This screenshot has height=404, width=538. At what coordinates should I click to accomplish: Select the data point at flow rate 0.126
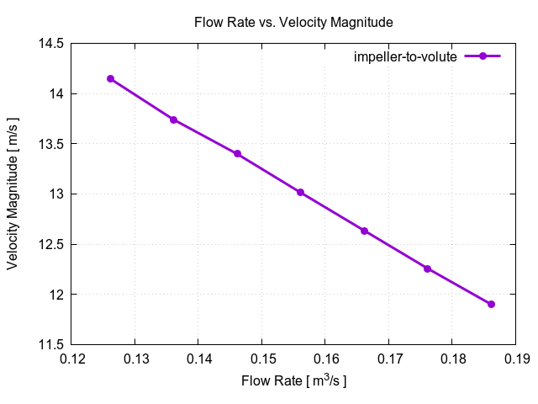tap(110, 78)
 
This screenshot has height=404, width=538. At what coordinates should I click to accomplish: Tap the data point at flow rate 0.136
tap(173, 120)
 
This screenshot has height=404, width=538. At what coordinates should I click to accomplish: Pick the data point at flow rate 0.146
tap(237, 154)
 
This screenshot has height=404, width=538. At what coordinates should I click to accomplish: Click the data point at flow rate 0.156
tap(300, 193)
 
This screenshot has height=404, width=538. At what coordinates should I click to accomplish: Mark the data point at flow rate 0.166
tap(364, 231)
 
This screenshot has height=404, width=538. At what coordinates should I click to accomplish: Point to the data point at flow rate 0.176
tap(427, 268)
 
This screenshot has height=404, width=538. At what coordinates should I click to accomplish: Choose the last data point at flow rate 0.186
tap(491, 304)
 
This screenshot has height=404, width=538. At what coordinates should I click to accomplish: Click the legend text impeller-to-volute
tap(404, 56)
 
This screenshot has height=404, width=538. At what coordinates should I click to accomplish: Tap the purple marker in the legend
tap(483, 56)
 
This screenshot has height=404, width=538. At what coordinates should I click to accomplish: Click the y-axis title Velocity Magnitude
tap(13, 194)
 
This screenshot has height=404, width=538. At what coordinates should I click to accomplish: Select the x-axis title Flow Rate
tap(293, 381)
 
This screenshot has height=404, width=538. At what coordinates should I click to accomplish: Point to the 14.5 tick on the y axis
tap(51, 43)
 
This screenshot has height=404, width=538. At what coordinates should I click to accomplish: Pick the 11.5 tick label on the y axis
tap(51, 344)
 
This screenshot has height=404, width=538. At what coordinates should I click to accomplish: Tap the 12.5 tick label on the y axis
tap(51, 244)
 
